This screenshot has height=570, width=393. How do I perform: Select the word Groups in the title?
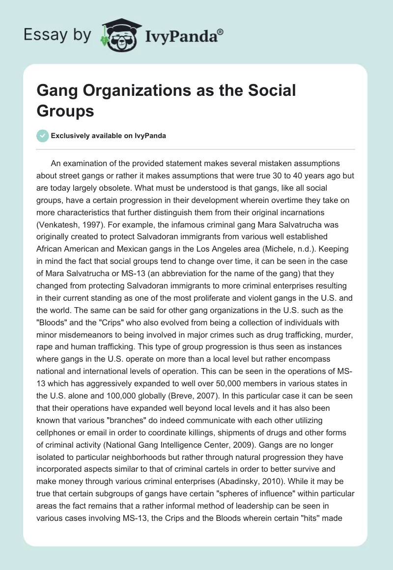pos(65,111)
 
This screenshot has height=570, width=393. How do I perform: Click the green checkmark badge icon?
pos(43,136)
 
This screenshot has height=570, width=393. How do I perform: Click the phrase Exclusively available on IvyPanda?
pos(109,136)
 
